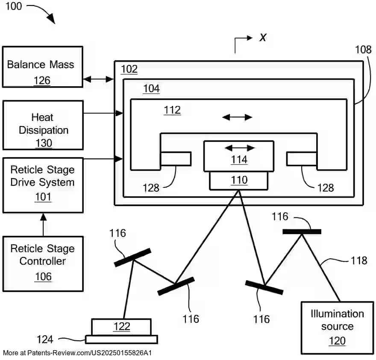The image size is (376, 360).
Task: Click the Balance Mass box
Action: pos(42,67)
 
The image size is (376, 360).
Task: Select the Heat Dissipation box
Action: pos(42,125)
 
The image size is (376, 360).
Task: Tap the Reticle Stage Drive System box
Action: pos(42,185)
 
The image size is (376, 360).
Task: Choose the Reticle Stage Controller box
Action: pos(42,263)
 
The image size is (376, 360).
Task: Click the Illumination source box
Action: pos(337,328)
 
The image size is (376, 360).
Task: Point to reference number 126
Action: pos(41,80)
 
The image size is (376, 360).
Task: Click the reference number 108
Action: pos(363,50)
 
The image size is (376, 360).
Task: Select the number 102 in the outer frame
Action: pos(129,69)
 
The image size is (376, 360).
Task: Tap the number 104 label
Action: pos(151,89)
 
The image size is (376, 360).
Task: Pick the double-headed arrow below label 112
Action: pos(238,117)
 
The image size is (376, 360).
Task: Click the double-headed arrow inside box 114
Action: pos(240,148)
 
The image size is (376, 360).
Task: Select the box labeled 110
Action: pos(239,181)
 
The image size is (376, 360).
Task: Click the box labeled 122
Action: pos(121,327)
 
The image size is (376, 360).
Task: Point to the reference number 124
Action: pos(45,340)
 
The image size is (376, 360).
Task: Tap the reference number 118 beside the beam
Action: pos(359,260)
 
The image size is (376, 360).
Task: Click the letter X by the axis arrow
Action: pos(263,38)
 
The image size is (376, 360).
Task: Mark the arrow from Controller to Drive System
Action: pos(43,224)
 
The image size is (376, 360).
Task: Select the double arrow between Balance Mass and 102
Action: pos(98,79)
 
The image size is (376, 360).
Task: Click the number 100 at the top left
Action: pos(14,6)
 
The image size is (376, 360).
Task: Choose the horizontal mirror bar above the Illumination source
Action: pos(302,232)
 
